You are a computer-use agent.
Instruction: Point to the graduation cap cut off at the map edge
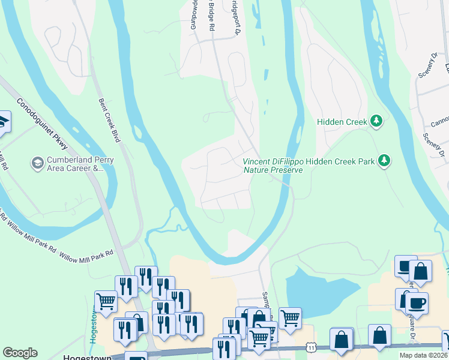[x=3, y=122]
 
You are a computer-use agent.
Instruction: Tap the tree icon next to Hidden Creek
[x=376, y=122]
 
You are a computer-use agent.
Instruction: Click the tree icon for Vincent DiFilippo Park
[x=384, y=161]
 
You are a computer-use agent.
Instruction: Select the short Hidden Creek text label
[x=342, y=122]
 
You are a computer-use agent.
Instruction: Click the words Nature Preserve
[x=273, y=170]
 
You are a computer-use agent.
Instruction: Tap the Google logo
[x=20, y=353]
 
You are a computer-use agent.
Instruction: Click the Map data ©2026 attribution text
[x=423, y=355]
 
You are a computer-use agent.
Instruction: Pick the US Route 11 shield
[x=310, y=347]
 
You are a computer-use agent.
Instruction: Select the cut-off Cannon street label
[x=441, y=124]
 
